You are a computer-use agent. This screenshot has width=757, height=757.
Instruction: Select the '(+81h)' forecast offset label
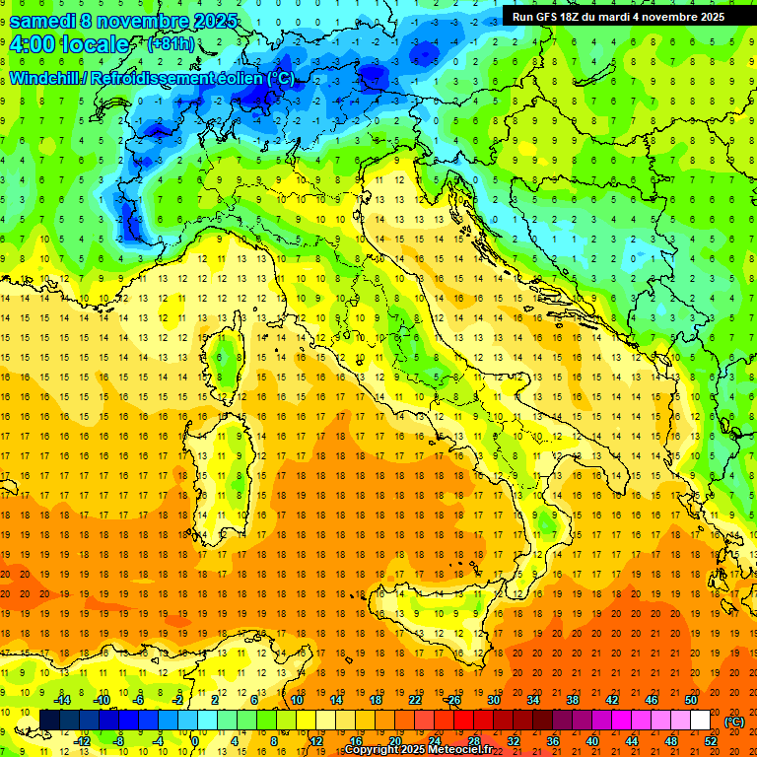[x=171, y=44]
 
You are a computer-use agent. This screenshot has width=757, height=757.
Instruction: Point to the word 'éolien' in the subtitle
[x=241, y=78]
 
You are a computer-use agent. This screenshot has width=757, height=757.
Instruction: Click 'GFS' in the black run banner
[x=555, y=17]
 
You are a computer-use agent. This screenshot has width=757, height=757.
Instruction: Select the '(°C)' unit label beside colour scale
[x=734, y=722]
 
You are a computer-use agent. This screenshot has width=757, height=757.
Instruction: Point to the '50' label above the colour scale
[x=690, y=700]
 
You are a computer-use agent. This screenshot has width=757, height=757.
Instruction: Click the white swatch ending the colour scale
[x=700, y=721]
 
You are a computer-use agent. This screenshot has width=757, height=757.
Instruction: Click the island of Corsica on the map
[x=227, y=360]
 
